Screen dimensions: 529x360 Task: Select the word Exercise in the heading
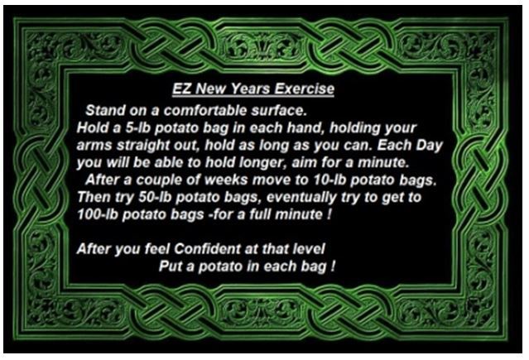[305, 89]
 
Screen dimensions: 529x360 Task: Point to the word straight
[142, 146]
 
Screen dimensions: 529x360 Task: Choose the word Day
[429, 146]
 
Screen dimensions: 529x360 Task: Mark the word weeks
[226, 180]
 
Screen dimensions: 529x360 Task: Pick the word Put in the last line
[171, 266]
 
